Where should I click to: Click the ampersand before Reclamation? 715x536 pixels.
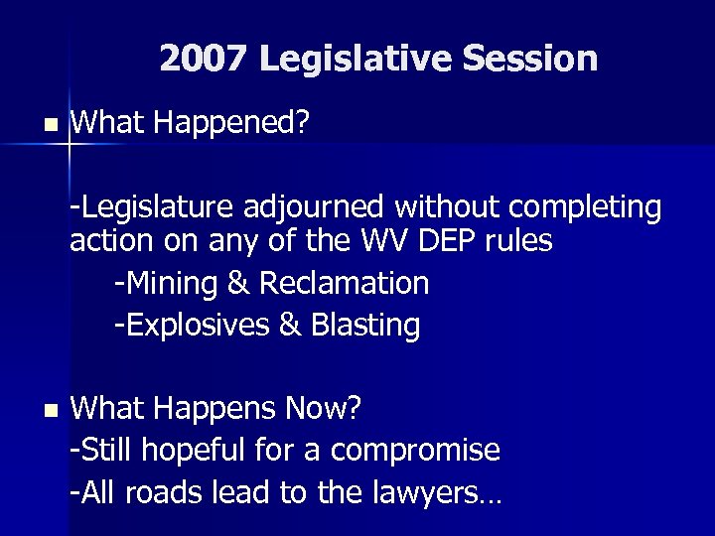(x=238, y=283)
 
